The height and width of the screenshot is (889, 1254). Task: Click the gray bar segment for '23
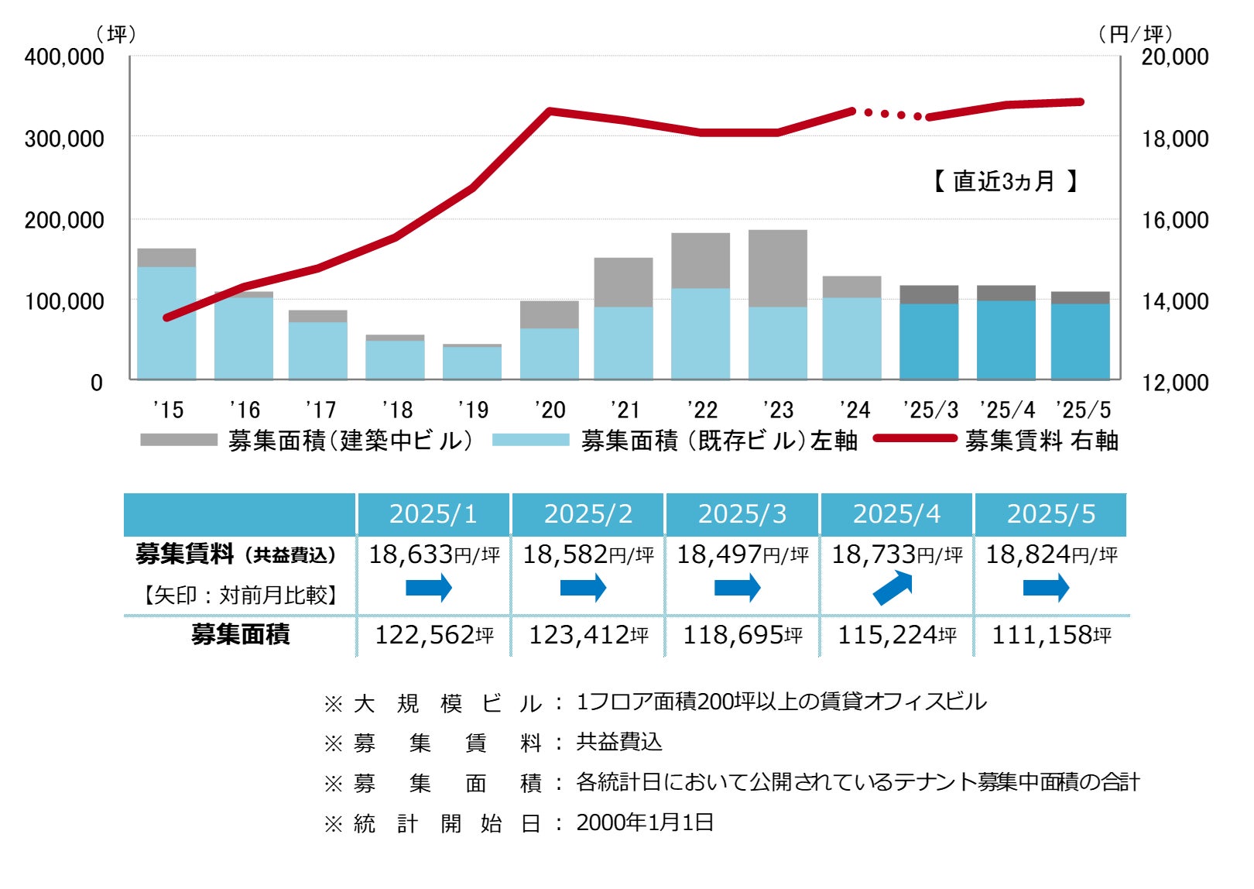click(x=777, y=268)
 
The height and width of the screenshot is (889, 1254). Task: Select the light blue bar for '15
click(x=166, y=323)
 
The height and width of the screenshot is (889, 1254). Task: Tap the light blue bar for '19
click(x=472, y=362)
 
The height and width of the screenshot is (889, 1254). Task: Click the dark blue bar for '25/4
click(x=1006, y=340)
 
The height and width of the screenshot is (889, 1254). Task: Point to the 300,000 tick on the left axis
click(x=64, y=139)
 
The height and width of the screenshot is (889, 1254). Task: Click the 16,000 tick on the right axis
click(x=1174, y=220)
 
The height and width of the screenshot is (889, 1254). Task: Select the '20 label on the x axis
click(x=550, y=410)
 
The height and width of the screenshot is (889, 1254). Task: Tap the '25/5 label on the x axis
click(x=1083, y=410)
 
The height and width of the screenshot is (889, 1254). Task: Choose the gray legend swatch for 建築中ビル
click(x=179, y=440)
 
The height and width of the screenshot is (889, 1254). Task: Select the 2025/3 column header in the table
click(x=742, y=514)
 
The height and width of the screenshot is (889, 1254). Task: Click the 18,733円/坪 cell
click(x=896, y=554)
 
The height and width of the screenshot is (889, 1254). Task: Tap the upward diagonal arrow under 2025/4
click(x=893, y=588)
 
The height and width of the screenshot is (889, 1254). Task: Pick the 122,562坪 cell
click(x=433, y=635)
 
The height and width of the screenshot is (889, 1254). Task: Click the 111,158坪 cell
click(x=1050, y=635)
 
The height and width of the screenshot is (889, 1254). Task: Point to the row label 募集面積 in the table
click(x=240, y=635)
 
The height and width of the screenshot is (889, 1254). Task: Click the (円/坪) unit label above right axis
click(x=1135, y=34)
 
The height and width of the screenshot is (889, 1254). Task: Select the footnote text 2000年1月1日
click(x=645, y=822)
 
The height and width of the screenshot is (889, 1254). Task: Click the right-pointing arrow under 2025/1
click(x=429, y=588)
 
